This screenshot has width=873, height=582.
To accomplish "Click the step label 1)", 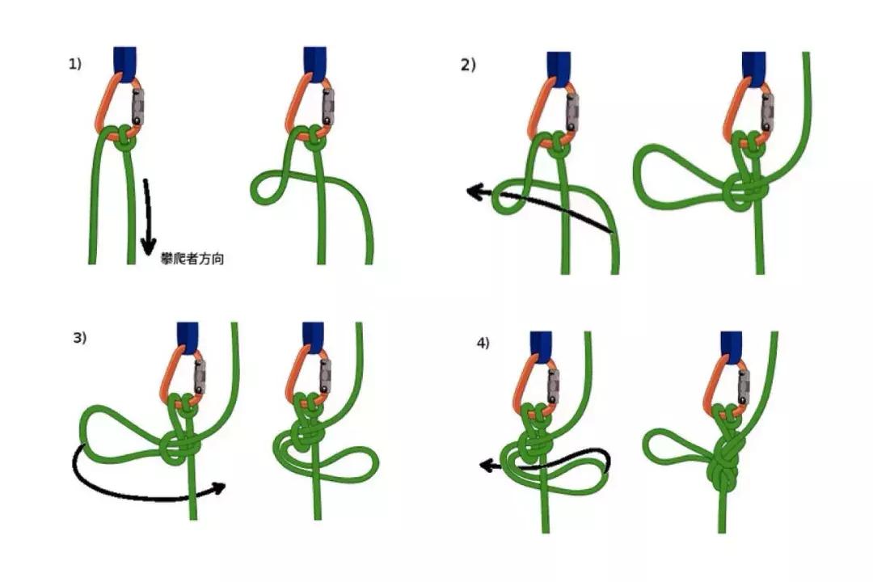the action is [74, 64].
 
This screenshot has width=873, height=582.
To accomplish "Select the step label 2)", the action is [468, 65].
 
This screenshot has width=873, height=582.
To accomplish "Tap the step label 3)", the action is [79, 338].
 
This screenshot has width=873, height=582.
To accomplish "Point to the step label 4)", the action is [483, 343].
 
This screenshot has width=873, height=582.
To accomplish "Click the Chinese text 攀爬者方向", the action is [192, 259].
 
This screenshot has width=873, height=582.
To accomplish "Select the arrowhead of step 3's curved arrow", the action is [219, 487].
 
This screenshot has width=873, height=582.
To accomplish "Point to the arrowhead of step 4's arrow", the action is [486, 466].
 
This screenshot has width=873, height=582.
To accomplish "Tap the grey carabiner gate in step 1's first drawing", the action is [137, 107].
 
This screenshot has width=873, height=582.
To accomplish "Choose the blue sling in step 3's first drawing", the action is [188, 338].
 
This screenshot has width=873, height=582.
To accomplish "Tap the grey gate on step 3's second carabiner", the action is [325, 377].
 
